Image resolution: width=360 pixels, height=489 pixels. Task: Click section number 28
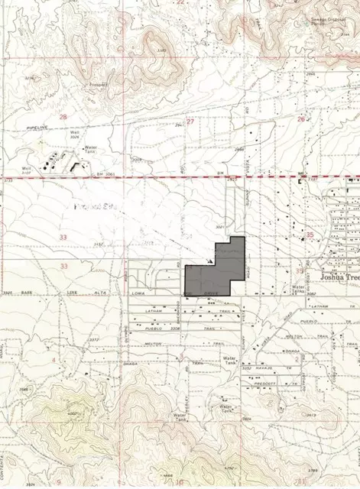63,117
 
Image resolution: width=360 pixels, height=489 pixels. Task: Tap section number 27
190,121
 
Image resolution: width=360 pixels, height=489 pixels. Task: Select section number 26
301,118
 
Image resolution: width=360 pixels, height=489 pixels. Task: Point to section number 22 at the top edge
181,2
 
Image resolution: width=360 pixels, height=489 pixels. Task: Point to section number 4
54,358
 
